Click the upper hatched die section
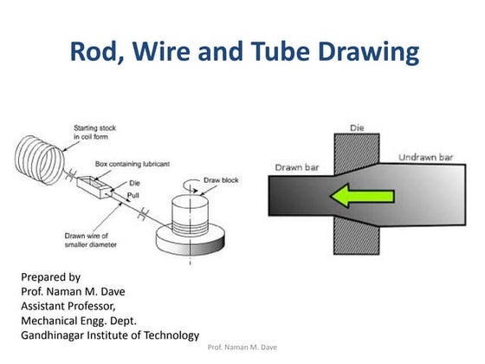pyautogui.click(x=355, y=151)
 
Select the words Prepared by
pyautogui.click(x=49, y=277)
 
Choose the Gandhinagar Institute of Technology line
pyautogui.click(x=109, y=335)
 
